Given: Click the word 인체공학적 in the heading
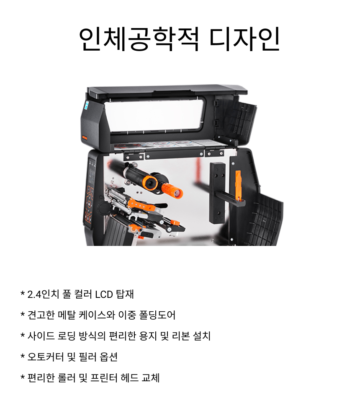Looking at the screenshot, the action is (139, 39).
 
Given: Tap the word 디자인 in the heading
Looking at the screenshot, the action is (245, 39).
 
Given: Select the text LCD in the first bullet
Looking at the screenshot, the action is (104, 295).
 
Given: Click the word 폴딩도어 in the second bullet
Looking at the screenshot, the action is (157, 315).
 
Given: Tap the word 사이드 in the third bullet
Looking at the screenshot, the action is (41, 336).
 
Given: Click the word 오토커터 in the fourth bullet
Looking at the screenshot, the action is (45, 357).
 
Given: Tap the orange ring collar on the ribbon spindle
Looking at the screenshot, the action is (150, 183).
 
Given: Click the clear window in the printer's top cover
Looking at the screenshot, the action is (154, 116).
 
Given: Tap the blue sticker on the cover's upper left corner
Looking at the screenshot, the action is (86, 105).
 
